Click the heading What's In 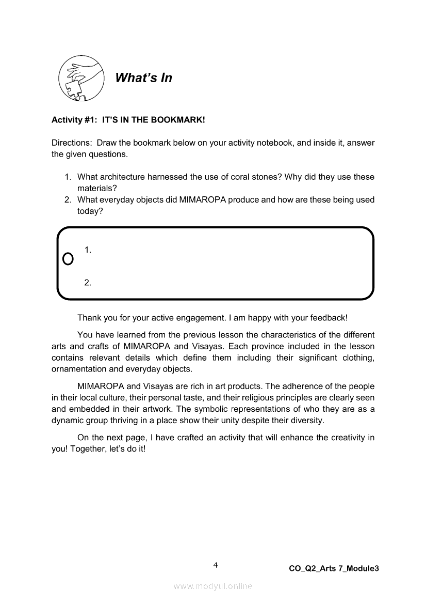[x=143, y=78]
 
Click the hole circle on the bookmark [x=68, y=258]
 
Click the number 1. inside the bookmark [x=88, y=250]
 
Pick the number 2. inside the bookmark [x=88, y=283]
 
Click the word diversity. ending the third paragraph [x=308, y=420]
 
